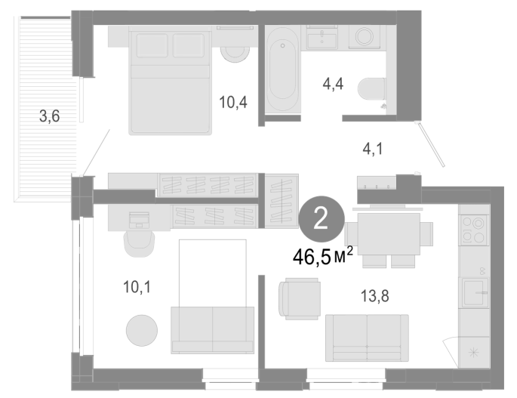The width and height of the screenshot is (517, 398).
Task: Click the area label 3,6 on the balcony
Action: (50, 116)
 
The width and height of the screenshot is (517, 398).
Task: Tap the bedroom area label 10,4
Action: (233, 102)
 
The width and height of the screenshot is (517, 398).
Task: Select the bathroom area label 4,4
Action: (333, 84)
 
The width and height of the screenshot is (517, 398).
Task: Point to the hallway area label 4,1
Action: (373, 149)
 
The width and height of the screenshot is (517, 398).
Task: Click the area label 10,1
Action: (137, 287)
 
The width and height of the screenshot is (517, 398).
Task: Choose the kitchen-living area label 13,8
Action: (375, 296)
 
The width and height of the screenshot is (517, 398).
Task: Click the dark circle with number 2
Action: (322, 219)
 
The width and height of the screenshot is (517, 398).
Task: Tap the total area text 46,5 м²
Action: (323, 257)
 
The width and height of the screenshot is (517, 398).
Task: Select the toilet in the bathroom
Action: (372, 88)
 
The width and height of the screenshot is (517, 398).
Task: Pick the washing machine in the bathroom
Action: (365, 37)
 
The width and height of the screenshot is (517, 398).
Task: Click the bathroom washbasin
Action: (322, 37)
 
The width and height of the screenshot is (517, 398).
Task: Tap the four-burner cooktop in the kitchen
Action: (473, 230)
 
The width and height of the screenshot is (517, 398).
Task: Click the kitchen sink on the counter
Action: (475, 292)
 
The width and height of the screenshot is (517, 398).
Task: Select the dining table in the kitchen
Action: (389, 233)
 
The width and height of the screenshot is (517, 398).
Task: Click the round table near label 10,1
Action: (142, 330)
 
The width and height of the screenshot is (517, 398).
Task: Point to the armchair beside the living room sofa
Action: (300, 298)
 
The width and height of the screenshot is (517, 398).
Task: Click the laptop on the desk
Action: (139, 220)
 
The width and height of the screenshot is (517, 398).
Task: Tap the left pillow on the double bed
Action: (152, 45)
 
